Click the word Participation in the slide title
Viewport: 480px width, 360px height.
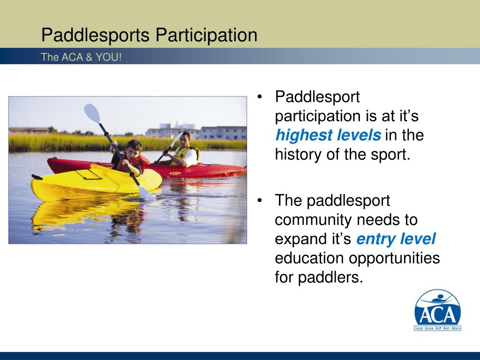point(206,35)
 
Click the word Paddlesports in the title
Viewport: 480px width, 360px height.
point(95,35)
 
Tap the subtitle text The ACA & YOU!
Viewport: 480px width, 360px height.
point(82,57)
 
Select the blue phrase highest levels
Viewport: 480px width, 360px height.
point(328,135)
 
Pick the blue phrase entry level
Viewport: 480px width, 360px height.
point(396,239)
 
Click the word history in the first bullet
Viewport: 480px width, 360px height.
point(298,154)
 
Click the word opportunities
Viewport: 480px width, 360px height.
point(394,258)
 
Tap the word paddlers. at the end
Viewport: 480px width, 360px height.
point(330,277)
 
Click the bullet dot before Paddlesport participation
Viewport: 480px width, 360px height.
point(260,97)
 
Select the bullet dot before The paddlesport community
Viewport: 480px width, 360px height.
point(260,201)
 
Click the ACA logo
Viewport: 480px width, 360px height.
point(437,310)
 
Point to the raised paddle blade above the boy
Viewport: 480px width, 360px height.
point(92,113)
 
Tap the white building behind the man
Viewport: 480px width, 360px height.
point(223,133)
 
